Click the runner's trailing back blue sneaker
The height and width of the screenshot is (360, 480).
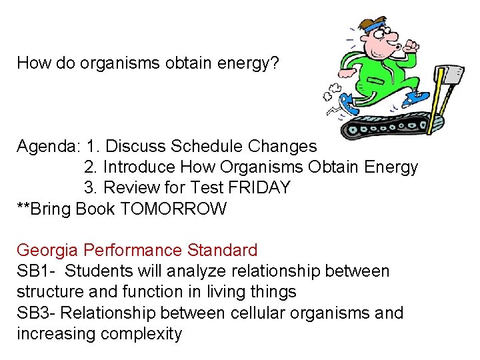click(347, 103)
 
